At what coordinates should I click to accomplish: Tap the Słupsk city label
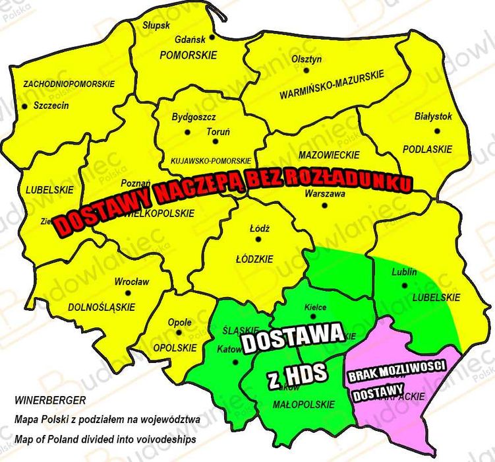156,25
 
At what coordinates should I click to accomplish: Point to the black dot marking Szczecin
24,106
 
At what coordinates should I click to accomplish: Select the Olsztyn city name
306,59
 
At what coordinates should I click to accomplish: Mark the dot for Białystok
434,128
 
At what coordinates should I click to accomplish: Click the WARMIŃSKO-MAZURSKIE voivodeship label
332,77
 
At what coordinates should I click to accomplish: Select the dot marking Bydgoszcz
187,132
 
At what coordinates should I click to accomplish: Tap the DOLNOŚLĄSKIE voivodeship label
102,307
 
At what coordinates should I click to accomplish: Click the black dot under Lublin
403,285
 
